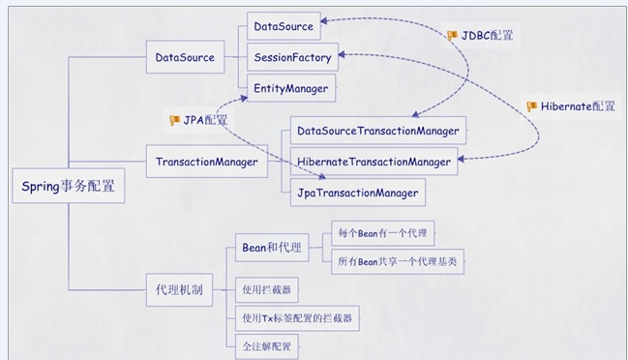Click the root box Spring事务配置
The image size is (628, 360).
[x=69, y=186]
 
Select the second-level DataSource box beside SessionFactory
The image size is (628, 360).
[x=185, y=57]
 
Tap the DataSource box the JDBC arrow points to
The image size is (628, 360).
[x=284, y=26]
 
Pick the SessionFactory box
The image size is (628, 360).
[x=292, y=57]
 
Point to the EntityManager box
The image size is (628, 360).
[x=291, y=88]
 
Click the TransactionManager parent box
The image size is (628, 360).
[x=207, y=162]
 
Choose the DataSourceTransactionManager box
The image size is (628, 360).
[x=378, y=131]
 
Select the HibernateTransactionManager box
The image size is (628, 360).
[x=374, y=162]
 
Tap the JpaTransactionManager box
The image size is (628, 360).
[x=358, y=193]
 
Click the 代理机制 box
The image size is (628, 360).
[x=179, y=290]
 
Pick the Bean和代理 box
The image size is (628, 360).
[x=272, y=248]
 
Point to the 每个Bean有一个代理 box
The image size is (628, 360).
[x=383, y=233]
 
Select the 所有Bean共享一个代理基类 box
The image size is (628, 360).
[x=398, y=262]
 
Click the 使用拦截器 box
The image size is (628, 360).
[x=267, y=290]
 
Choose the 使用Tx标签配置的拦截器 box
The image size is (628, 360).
[x=297, y=318]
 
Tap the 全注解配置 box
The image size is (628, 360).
[x=267, y=346]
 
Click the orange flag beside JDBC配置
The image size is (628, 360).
[x=452, y=36]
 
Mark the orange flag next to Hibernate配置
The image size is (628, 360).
[x=531, y=106]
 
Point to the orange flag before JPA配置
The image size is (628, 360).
[x=174, y=120]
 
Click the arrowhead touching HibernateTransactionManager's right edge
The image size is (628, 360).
[x=461, y=160]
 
